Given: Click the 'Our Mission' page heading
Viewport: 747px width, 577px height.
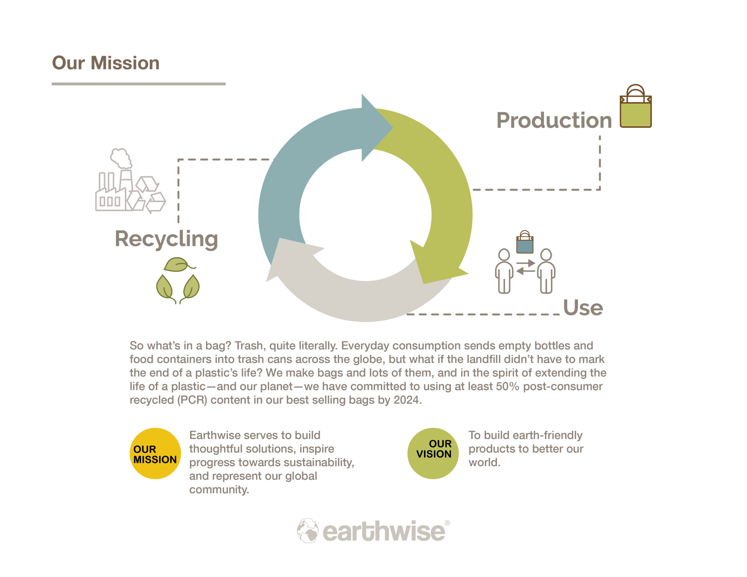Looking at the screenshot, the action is coord(106,63).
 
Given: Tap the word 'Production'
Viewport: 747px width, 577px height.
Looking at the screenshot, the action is coord(554,120).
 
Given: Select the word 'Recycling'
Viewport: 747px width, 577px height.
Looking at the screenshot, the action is coord(167,239).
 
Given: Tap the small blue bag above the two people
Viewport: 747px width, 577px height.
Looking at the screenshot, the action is coord(525,242).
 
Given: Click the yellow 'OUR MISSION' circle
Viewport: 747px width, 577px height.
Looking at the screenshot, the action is coord(155,453).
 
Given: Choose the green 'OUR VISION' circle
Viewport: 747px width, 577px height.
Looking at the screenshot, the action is coord(433,453).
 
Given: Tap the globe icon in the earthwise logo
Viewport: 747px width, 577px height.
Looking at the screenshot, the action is coord(308,531).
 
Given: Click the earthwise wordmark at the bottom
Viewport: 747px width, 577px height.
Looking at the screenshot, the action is coord(384,531).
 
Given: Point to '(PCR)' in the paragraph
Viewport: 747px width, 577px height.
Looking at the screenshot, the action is coord(192,400).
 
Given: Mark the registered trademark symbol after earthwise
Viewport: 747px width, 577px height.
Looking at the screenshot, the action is coord(447,523).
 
